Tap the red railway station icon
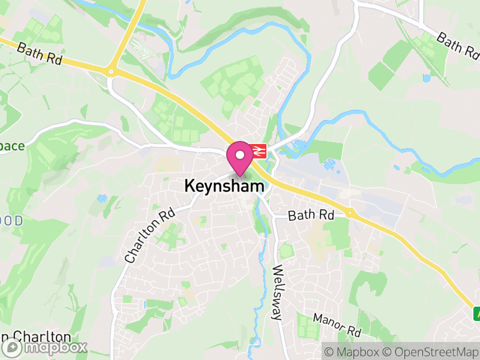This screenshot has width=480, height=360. (x=259, y=151)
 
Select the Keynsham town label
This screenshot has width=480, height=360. (x=224, y=187)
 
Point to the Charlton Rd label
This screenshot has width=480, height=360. (x=150, y=235)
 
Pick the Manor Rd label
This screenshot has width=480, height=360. (x=337, y=324)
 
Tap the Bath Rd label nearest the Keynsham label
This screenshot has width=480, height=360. (x=310, y=215)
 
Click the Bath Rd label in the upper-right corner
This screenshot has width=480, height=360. (x=458, y=47)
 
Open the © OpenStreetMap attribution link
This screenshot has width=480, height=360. (x=432, y=352)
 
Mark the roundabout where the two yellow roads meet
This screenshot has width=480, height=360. (x=110, y=72)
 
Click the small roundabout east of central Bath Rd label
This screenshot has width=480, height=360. (x=349, y=212)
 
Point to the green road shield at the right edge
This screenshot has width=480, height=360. (x=476, y=313)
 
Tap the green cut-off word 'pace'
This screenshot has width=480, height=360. (x=12, y=146)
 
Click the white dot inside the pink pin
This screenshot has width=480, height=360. (x=240, y=154)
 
